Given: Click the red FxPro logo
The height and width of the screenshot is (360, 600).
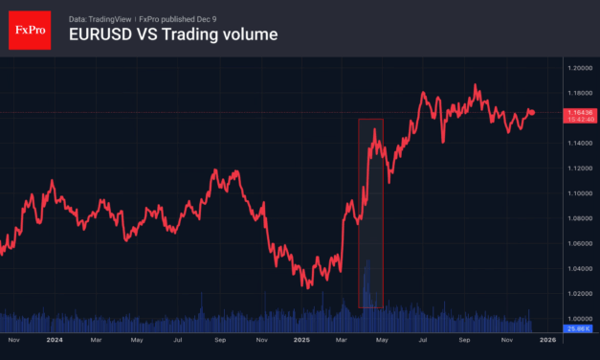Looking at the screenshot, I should coord(28,29).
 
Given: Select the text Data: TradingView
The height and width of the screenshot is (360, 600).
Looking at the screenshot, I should coord(100,18).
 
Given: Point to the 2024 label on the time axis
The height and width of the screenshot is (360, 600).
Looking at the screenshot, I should coord(54,339).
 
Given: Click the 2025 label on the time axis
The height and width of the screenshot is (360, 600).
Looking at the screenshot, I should coord(301,339).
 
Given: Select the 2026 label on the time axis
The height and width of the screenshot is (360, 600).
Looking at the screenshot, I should coord(548,339).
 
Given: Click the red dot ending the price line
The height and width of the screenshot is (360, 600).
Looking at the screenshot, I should coord(533,113).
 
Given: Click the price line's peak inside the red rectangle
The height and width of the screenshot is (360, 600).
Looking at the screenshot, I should coord(375,143).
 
